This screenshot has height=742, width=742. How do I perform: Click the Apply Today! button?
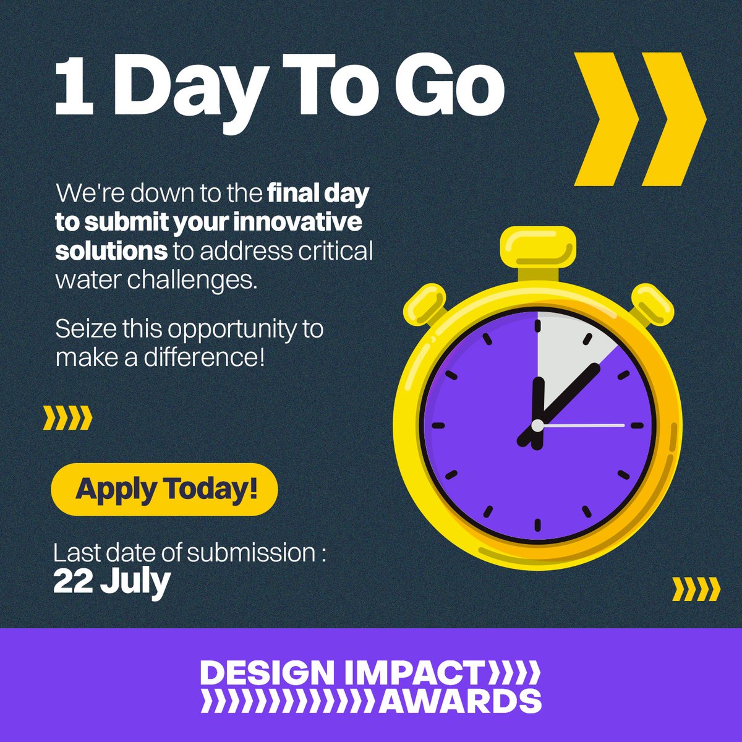point(164,489)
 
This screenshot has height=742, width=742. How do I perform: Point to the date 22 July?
point(111,581)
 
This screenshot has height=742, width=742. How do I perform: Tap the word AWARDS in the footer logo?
point(461,701)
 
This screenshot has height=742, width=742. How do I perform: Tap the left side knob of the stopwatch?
point(426,304)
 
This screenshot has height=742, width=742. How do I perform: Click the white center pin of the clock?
point(537,425)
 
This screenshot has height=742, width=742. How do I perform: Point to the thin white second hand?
point(587,425)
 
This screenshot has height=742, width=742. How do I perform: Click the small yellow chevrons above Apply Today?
point(67,419)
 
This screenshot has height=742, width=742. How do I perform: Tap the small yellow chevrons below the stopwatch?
point(696,589)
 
